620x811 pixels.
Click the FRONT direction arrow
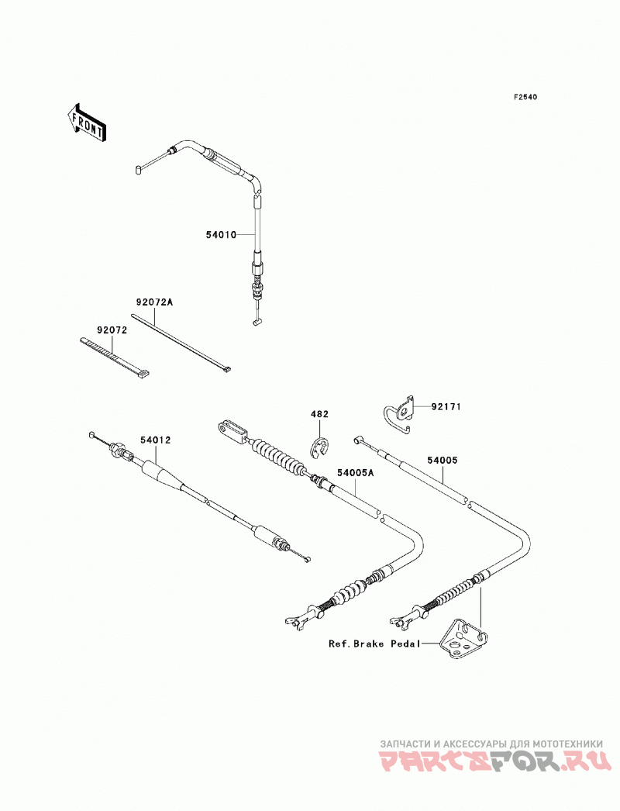[87, 122]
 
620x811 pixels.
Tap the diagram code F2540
[525, 97]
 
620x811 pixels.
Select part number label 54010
[221, 235]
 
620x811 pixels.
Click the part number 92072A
[154, 302]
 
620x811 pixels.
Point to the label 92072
[112, 330]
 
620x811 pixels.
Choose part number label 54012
[155, 440]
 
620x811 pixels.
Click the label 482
[319, 414]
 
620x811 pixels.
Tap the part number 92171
[446, 407]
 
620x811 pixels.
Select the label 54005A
[355, 473]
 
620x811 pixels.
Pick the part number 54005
[442, 460]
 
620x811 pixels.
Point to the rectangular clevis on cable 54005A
[233, 432]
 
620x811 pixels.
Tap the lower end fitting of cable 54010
[257, 323]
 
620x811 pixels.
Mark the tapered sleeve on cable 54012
[160, 473]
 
